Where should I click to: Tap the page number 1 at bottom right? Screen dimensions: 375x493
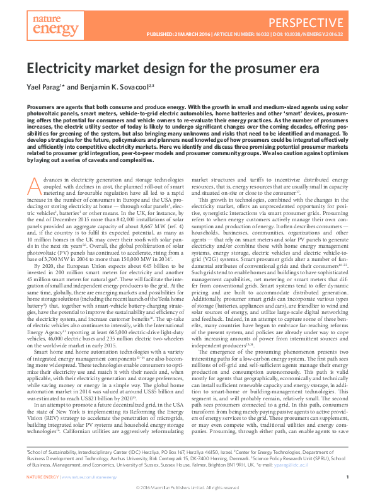347,478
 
